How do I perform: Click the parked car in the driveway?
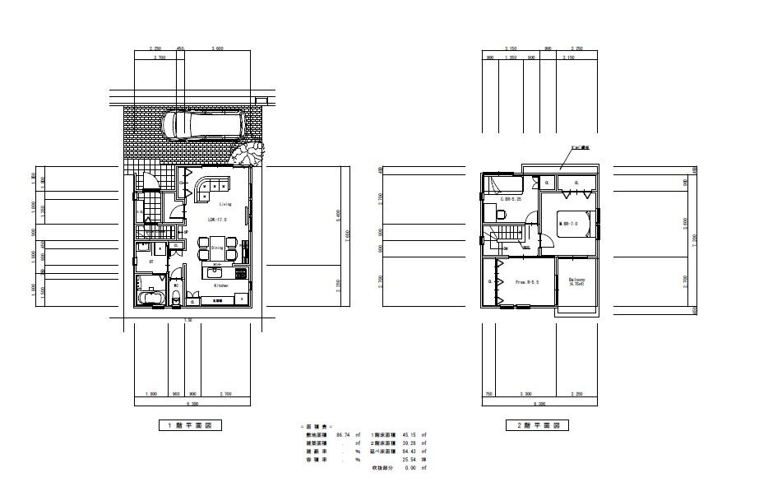[x=203, y=125]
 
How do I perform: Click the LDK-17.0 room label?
[x=217, y=220]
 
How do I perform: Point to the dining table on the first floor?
[x=217, y=247]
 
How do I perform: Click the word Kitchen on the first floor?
[x=221, y=285]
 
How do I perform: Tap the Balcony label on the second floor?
[x=578, y=280]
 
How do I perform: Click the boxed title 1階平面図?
[x=190, y=426]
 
